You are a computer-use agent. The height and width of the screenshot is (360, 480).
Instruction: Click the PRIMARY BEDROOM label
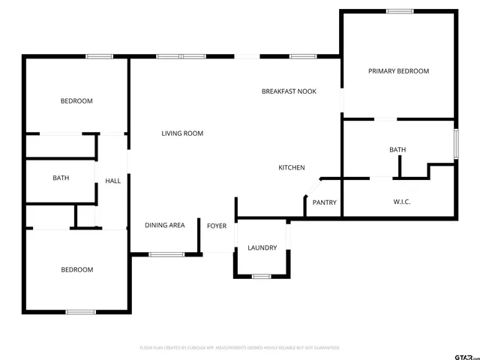(x=398, y=71)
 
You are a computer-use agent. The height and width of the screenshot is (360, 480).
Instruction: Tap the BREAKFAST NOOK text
(x=289, y=91)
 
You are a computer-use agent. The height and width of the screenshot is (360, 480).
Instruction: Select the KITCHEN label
(x=292, y=167)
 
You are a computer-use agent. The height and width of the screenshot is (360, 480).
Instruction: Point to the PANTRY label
(x=324, y=202)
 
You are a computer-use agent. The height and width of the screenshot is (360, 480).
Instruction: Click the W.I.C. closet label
(x=402, y=202)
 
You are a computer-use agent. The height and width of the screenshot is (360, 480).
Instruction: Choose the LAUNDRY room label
(x=262, y=247)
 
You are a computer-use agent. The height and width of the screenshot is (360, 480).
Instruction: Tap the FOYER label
(x=217, y=226)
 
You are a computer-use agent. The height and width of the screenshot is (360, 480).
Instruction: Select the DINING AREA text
(x=165, y=225)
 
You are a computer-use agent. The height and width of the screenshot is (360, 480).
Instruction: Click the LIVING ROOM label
(x=182, y=133)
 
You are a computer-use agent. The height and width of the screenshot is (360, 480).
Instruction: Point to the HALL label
(x=112, y=181)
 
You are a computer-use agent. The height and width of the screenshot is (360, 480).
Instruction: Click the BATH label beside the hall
(x=61, y=178)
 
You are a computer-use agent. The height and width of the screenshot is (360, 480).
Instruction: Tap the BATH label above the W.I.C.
(x=397, y=150)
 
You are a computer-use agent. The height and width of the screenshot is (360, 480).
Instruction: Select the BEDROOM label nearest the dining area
(x=76, y=270)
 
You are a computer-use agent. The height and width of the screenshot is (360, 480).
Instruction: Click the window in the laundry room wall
(x=261, y=276)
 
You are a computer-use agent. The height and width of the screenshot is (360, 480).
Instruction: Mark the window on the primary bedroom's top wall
(x=400, y=11)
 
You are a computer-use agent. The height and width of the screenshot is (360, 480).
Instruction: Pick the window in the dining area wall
(x=166, y=254)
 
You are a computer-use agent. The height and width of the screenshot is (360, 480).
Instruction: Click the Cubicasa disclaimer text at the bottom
(x=240, y=348)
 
